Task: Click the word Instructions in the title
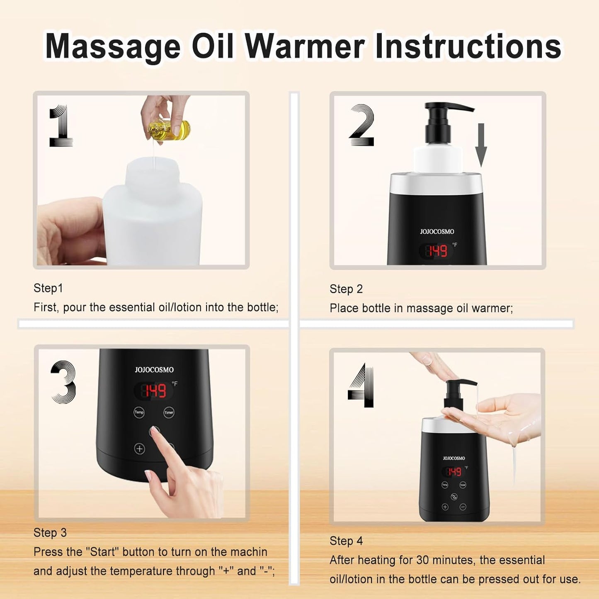[468, 46]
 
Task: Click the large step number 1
[61, 126]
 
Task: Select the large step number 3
[64, 382]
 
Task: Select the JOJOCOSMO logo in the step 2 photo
[437, 232]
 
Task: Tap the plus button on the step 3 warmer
[140, 449]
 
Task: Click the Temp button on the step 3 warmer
[139, 412]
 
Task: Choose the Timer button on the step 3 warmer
[169, 412]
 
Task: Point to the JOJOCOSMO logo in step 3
[154, 370]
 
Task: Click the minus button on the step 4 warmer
[463, 507]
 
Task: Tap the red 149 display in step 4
[454, 472]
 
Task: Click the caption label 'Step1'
[48, 288]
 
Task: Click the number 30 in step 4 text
[422, 560]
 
